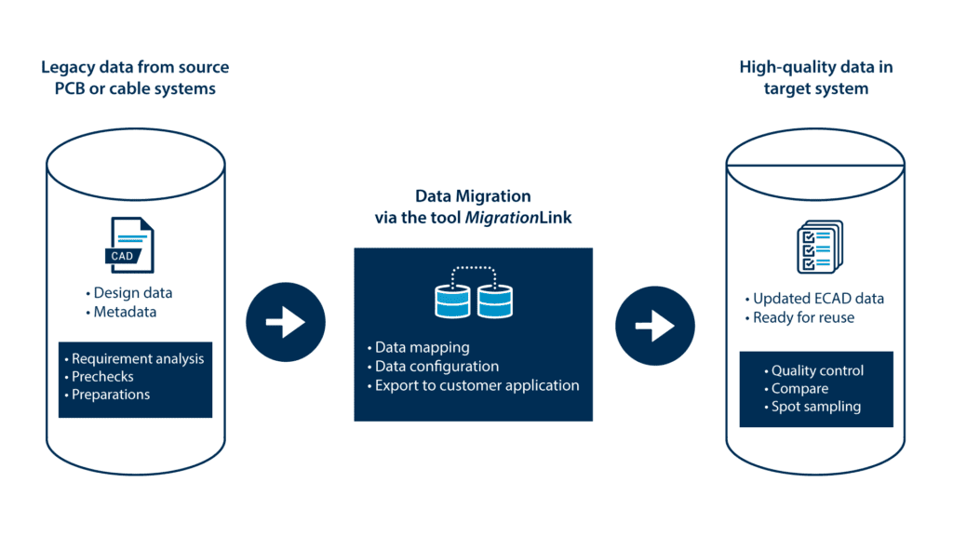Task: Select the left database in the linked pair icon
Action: click(x=453, y=300)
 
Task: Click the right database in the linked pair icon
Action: click(x=494, y=300)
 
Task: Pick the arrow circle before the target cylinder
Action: click(x=655, y=325)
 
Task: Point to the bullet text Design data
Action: click(x=132, y=293)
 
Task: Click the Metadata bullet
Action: click(x=125, y=312)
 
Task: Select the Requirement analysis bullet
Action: click(x=137, y=358)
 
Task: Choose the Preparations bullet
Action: click(x=110, y=394)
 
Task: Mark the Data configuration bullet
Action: click(x=436, y=366)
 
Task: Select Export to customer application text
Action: click(x=476, y=384)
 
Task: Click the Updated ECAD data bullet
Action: click(x=818, y=299)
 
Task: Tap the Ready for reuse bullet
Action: click(x=803, y=317)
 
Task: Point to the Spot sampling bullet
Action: click(x=815, y=406)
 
